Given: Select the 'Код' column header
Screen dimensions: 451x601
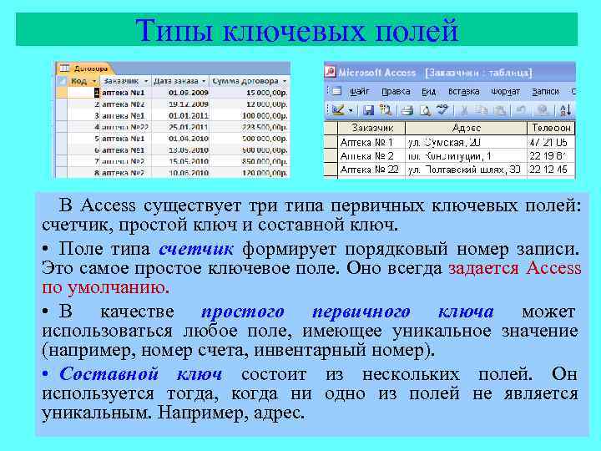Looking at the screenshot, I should pyautogui.click(x=80, y=81).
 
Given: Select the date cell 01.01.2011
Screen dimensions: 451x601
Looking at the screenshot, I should pyautogui.click(x=186, y=115).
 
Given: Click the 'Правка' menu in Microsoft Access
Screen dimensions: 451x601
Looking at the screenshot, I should pyautogui.click(x=396, y=92).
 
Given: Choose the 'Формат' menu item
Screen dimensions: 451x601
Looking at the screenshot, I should pyautogui.click(x=506, y=92).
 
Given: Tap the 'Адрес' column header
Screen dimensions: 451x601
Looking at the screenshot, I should pyautogui.click(x=466, y=128).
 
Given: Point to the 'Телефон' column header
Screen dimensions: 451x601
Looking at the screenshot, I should pyautogui.click(x=551, y=128).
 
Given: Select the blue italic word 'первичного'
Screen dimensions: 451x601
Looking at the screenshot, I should pyautogui.click(x=361, y=312).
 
